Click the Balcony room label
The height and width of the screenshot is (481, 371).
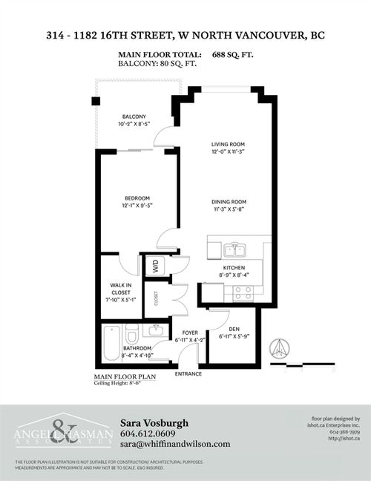134,117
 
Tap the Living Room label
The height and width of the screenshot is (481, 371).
228,144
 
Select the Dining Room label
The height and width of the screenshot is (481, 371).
228,202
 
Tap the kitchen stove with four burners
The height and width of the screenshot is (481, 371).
243,292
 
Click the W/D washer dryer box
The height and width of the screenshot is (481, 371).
157,266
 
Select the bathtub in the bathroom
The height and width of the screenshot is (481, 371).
111,342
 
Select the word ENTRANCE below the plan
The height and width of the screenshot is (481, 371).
188,373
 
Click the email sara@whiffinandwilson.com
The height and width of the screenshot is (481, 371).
174,444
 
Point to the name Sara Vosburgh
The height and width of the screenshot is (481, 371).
154,422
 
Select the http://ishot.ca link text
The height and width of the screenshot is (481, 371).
344,438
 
